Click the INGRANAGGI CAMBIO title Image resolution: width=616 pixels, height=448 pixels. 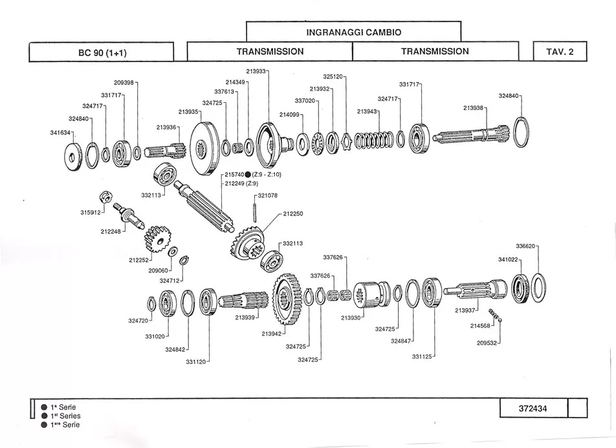353,32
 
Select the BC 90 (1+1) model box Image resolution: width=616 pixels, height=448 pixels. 102,52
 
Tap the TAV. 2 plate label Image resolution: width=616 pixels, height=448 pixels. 560,52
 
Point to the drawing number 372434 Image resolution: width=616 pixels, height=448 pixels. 533,409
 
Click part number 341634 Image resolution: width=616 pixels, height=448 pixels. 60,133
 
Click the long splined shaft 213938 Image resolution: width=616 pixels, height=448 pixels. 472,135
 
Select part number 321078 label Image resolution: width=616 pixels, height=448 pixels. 267,196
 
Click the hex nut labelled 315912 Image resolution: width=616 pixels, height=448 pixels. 107,197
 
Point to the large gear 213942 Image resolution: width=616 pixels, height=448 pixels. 287,298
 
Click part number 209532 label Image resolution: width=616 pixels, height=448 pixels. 487,343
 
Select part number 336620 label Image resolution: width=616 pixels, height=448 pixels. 525,246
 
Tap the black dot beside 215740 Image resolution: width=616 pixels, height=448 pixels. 248,175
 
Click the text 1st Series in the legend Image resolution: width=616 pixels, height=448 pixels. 65,416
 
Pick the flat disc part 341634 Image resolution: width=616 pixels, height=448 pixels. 74,157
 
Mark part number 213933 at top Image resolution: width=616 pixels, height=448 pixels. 256,71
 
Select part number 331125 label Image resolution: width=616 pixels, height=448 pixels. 422,357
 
